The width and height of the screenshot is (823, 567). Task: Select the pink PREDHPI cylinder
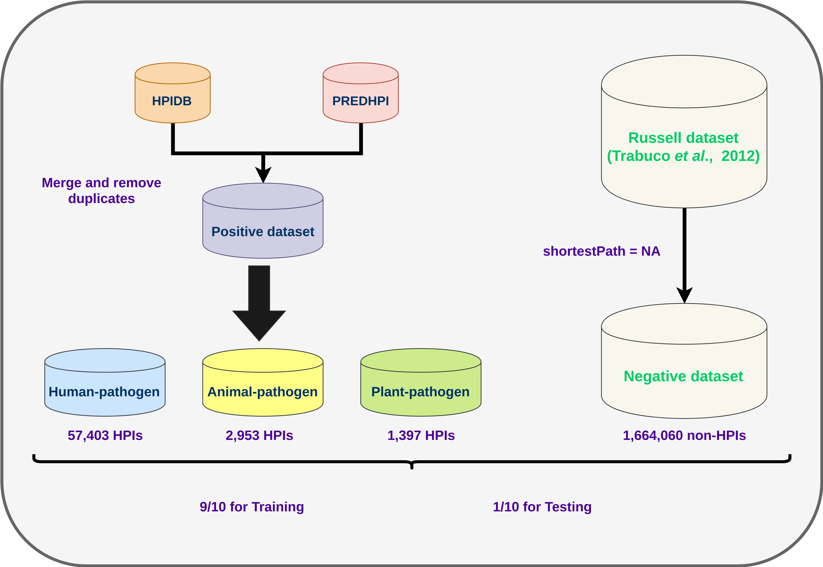coord(361,93)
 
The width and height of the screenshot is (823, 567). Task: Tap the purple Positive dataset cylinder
coord(263,221)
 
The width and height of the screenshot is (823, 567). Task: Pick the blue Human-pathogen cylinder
coord(105,382)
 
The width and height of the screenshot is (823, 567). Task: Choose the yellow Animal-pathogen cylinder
coord(263,382)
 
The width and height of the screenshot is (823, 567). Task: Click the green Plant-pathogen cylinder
coord(421,382)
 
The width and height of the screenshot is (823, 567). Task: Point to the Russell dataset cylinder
coord(684,131)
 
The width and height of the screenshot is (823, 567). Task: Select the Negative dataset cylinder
coord(684,361)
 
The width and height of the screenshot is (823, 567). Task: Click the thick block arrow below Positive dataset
coord(259,303)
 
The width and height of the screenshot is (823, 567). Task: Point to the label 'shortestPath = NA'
coord(602,251)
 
